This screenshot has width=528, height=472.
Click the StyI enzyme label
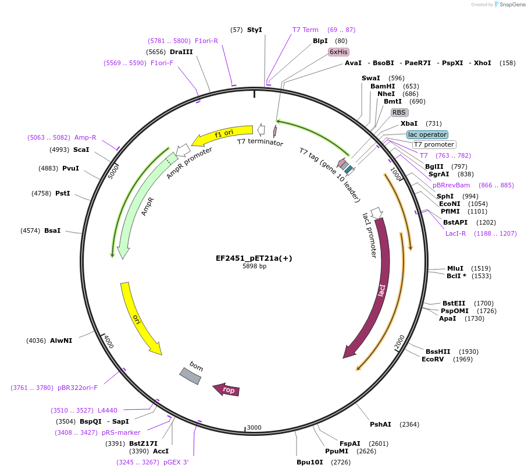[254, 30]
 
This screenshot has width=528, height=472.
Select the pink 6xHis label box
[338, 52]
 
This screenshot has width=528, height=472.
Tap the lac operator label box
[427, 134]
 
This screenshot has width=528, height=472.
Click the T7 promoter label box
[434, 145]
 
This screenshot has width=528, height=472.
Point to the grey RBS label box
[399, 112]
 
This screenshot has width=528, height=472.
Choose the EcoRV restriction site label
[432, 359]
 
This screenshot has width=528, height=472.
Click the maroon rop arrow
[226, 389]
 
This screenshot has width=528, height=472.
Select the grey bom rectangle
[190, 376]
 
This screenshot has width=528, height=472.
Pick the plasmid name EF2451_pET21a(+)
[254, 258]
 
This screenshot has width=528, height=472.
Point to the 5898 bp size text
[254, 267]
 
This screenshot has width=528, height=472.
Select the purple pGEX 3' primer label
[176, 462]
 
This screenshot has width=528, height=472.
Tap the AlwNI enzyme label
[61, 340]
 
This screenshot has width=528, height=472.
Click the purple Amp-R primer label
[85, 137]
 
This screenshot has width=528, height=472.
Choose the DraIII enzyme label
[181, 52]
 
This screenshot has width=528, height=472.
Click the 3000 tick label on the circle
[254, 428]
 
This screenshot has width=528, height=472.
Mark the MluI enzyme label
[455, 268]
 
